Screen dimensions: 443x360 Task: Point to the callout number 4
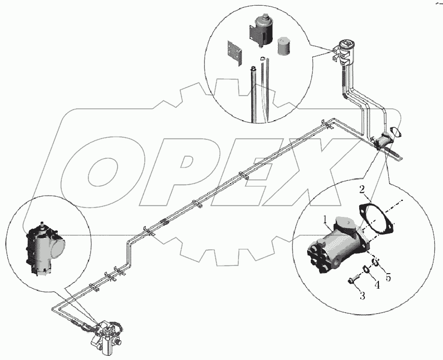[376, 285]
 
